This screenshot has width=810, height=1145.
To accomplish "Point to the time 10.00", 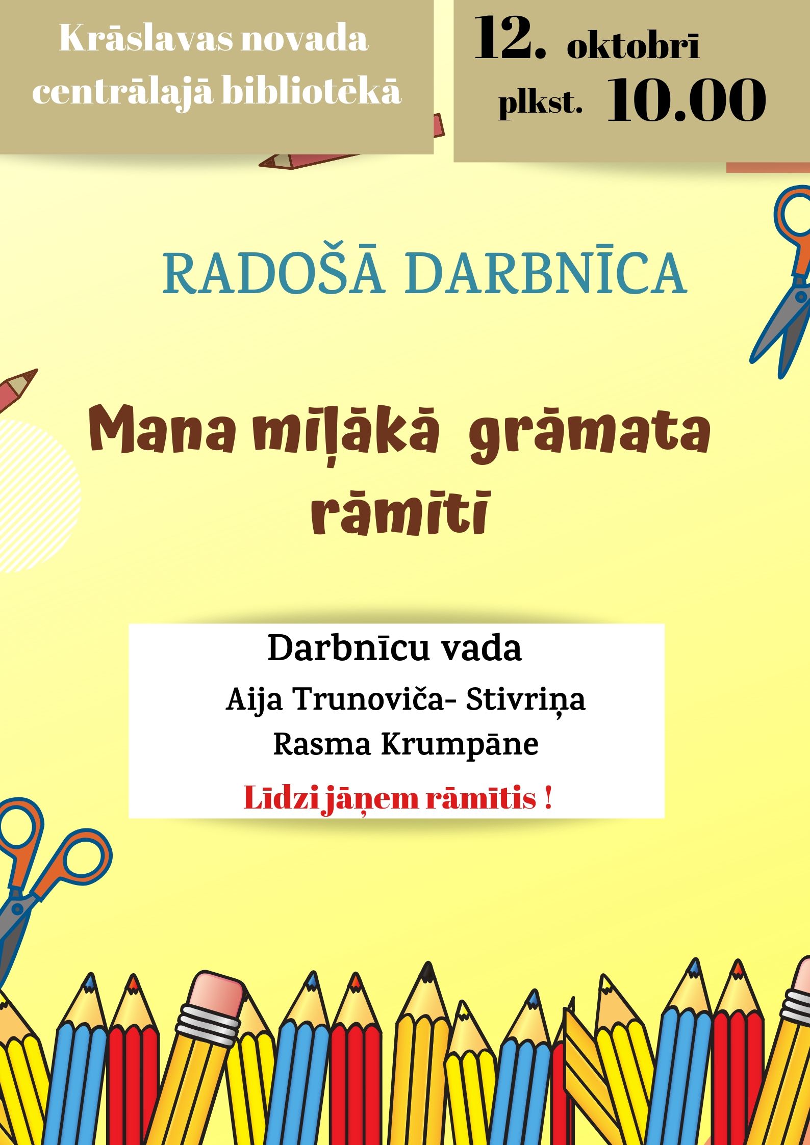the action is pos(687,100).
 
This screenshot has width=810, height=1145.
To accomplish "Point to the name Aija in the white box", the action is pos(254,700).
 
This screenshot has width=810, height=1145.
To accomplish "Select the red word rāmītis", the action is pos(481,799).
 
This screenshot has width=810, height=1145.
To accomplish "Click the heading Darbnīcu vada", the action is pos(394,648).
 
